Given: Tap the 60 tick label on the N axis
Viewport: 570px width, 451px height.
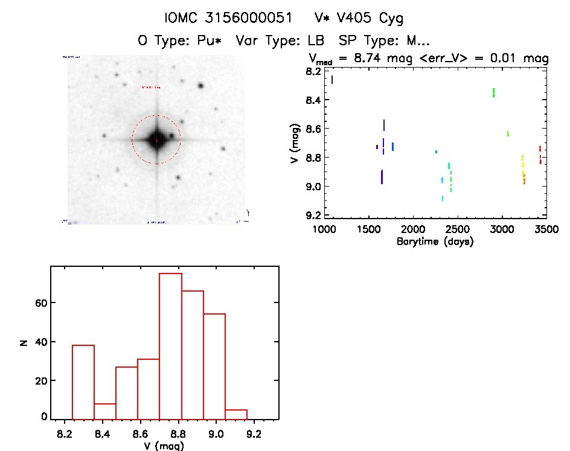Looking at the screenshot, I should pos(37,302).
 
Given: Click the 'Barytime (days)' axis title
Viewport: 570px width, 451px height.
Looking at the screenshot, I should pos(435,241).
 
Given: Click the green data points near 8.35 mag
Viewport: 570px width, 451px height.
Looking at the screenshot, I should pos(493,92).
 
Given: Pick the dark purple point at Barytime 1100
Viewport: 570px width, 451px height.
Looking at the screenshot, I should pos(331,79).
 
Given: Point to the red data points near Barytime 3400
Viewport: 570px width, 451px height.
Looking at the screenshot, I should pos(540,155).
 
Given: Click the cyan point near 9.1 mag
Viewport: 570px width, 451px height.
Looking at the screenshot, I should pos(443,198).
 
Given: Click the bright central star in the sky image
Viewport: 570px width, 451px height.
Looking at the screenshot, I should pos(156,139).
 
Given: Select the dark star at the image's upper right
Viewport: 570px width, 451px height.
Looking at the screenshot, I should pos(200,86).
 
